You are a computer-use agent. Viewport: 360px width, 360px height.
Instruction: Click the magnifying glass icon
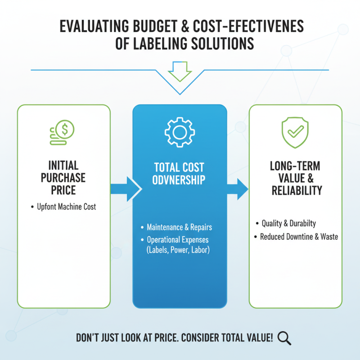284,337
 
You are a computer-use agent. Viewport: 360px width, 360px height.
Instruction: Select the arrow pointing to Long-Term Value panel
238,188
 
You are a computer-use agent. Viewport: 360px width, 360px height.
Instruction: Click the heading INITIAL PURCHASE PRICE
64,178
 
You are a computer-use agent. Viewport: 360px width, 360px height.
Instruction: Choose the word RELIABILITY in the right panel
297,190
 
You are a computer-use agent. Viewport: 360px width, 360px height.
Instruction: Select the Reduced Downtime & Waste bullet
299,237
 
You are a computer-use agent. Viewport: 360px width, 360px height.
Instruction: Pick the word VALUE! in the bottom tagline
256,337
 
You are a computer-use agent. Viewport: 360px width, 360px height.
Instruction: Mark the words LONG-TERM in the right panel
297,166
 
